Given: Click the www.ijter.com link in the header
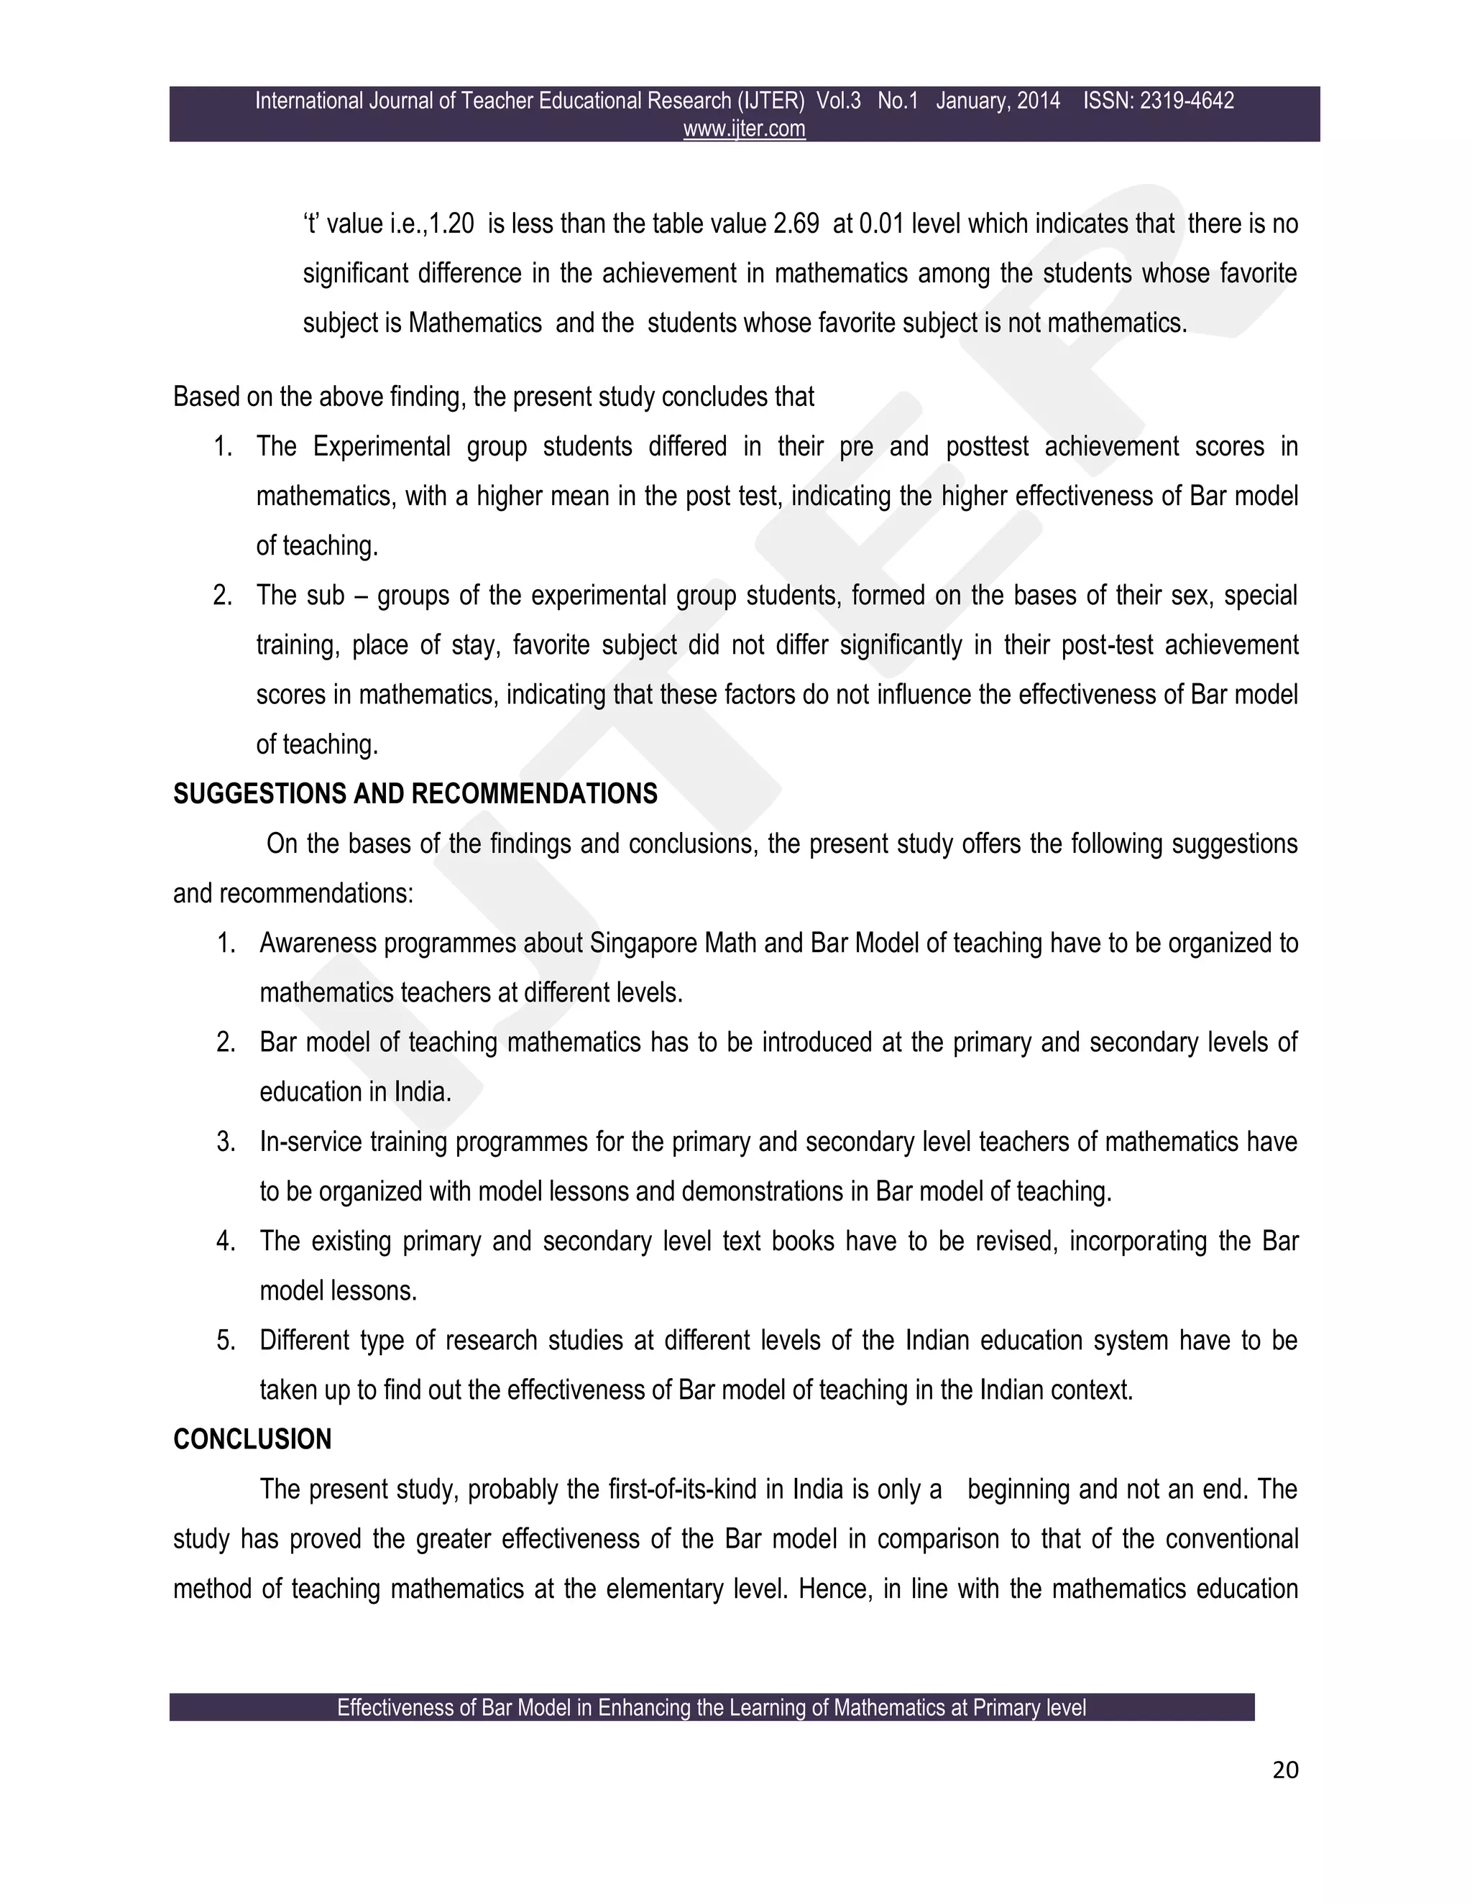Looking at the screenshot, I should coord(744,129).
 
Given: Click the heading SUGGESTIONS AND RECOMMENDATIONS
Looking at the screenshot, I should coord(415,794).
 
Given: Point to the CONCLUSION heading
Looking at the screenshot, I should coord(252,1439).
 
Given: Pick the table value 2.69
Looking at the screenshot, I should coord(796,224).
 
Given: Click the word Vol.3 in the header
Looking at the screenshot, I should coord(838,101).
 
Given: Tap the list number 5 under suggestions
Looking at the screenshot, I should coord(226,1341).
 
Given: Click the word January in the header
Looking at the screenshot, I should coord(969,101).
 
